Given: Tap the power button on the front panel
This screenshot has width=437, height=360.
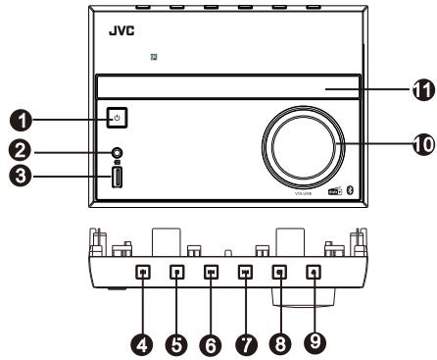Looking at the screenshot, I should click(117, 121).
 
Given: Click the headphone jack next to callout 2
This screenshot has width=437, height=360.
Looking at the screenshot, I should click(118, 153).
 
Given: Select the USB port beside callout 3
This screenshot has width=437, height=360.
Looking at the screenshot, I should click(116, 180).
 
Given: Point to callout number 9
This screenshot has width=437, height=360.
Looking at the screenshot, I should click(314, 343).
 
